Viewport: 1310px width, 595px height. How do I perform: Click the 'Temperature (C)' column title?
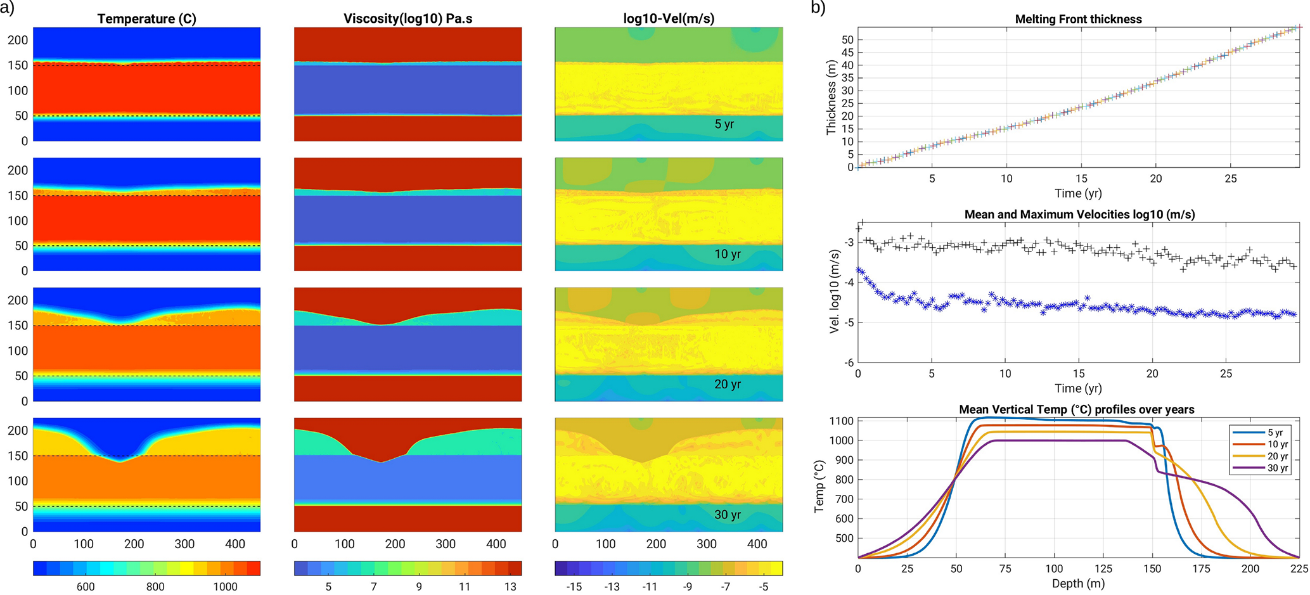click(x=146, y=19)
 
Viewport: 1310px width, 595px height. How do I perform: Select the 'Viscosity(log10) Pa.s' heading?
click(x=408, y=19)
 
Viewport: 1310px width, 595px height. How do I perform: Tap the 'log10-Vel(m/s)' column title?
click(x=669, y=19)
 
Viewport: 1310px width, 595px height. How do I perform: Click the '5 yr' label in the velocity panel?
click(x=724, y=124)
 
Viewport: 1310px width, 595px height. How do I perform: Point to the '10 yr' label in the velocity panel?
click(x=728, y=254)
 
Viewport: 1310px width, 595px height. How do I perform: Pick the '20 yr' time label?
click(x=728, y=384)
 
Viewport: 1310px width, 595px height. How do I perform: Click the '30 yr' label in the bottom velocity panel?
click(x=728, y=515)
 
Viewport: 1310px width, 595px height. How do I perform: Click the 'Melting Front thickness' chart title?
click(x=1078, y=19)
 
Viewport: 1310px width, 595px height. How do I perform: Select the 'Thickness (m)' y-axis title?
click(x=831, y=97)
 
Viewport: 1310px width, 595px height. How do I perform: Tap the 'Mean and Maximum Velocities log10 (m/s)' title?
click(x=1079, y=214)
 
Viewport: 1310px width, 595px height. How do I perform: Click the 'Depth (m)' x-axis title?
click(x=1078, y=583)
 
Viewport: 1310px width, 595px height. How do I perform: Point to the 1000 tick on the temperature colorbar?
click(x=225, y=587)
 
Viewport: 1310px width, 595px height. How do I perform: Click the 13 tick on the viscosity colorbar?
click(x=510, y=587)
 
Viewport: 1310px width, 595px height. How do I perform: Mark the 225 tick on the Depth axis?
click(x=1299, y=568)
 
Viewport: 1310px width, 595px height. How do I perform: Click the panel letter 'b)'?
click(x=818, y=8)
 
